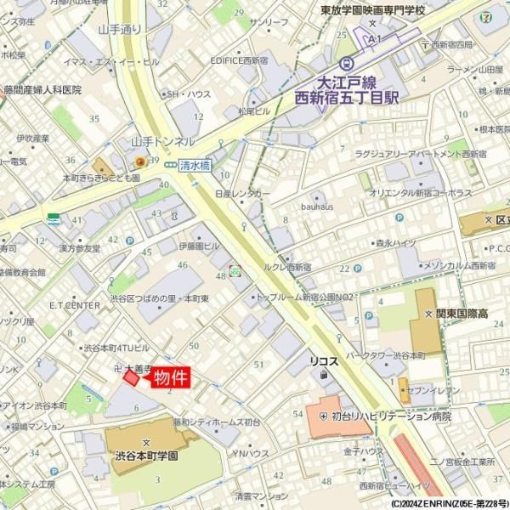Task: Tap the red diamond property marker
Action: coord(131,377)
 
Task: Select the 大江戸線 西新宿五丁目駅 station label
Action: coord(346,90)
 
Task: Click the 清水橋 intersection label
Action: coord(195,167)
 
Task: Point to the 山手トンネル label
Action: coord(162,141)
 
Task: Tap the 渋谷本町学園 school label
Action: coord(146,456)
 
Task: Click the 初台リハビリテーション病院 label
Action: coord(391,416)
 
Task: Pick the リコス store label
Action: coord(324,361)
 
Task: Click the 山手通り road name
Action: coord(119,29)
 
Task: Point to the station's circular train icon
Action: coord(346,63)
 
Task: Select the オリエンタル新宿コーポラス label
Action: coord(420,194)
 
